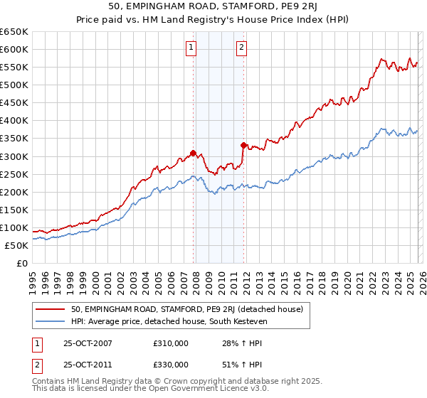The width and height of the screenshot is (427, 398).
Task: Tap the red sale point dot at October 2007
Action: coord(193,153)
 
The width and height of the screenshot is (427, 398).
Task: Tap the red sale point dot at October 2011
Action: coord(243,146)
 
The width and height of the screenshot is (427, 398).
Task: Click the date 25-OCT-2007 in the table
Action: coord(88,343)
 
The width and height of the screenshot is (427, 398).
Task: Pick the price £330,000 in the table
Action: coord(171,365)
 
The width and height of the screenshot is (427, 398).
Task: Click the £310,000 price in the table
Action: coord(171,343)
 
